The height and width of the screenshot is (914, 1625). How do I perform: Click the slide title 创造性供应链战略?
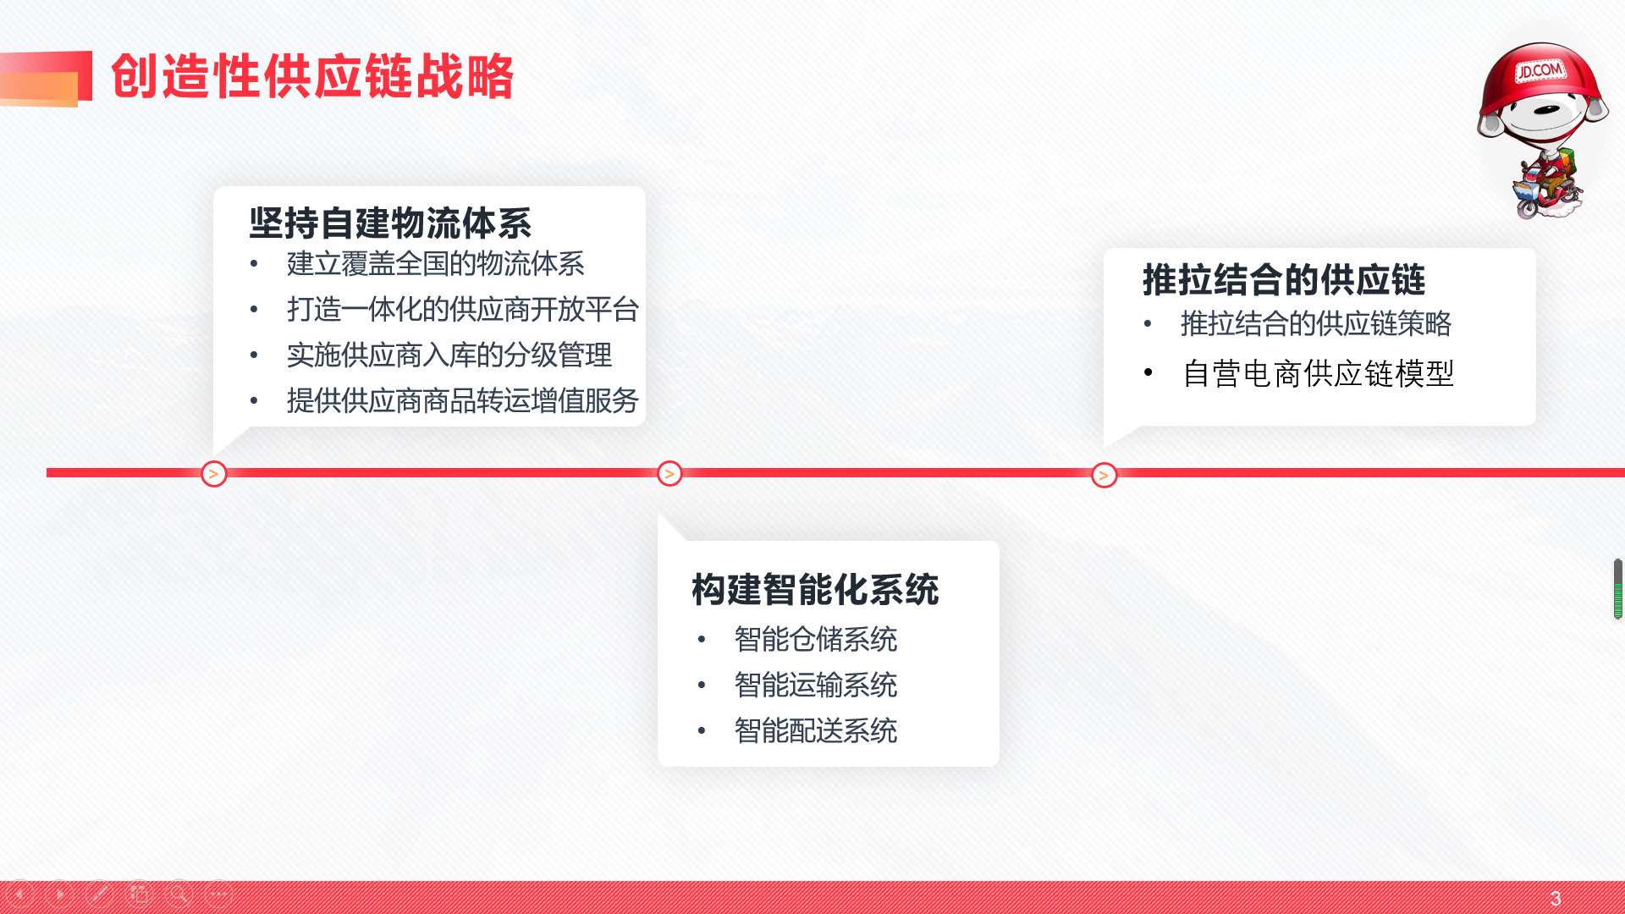tap(312, 76)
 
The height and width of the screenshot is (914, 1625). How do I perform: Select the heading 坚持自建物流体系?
tap(390, 223)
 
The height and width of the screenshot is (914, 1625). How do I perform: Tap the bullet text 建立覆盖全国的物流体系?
tap(435, 264)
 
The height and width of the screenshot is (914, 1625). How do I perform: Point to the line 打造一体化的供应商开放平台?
tap(462, 310)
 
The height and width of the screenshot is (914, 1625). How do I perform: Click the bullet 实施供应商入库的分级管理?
tap(449, 355)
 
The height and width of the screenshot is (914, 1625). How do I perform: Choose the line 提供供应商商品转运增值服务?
tap(462, 401)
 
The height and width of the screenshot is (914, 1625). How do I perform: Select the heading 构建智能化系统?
tap(815, 590)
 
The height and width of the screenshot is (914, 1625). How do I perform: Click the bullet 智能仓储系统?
tap(815, 640)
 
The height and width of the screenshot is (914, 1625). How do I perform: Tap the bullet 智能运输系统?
tap(815, 685)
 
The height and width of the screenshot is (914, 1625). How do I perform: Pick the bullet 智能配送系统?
tap(815, 731)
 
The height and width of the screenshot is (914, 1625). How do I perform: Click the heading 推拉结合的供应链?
tap(1284, 280)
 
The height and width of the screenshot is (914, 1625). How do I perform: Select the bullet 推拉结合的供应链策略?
tap(1316, 324)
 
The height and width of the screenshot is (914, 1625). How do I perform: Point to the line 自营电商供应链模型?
tap(1318, 374)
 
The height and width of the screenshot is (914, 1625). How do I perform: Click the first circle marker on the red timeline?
tap(214, 474)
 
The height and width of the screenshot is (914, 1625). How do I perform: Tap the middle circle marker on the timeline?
tap(669, 474)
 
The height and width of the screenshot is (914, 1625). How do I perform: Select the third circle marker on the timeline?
tap(1104, 475)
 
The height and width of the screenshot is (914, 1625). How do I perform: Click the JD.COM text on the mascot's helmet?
tap(1540, 70)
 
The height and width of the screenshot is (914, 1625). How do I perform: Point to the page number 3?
tap(1556, 899)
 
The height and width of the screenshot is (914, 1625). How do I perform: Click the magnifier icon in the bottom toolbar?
tap(179, 894)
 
